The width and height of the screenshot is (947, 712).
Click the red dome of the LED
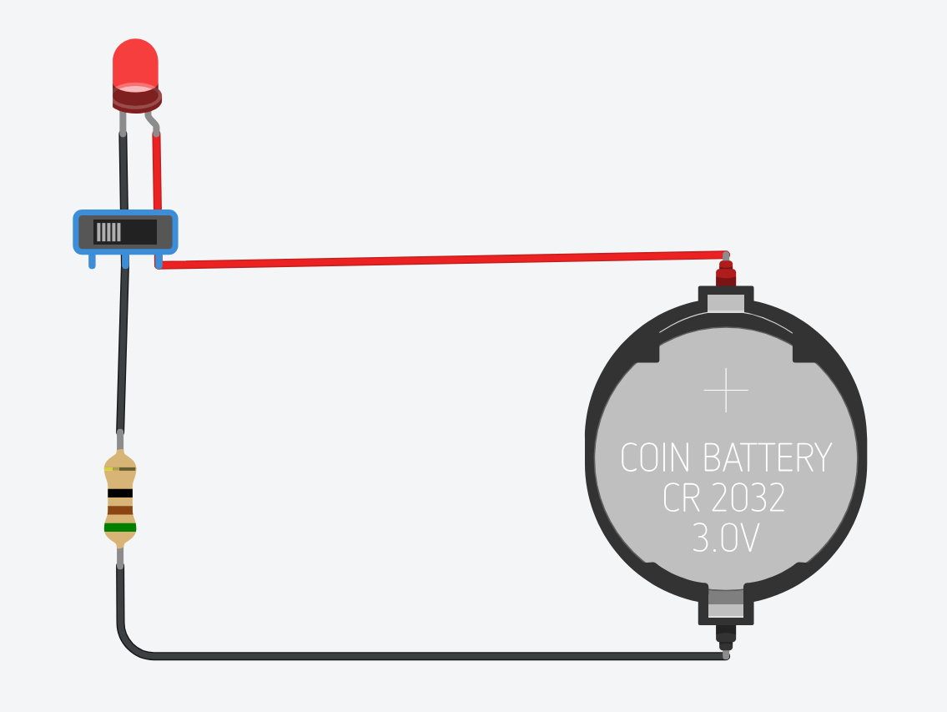[x=134, y=63]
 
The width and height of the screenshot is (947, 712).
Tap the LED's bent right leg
[x=153, y=123]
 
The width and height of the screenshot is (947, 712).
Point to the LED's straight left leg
[x=123, y=122]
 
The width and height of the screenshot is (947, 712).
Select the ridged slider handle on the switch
[x=108, y=231]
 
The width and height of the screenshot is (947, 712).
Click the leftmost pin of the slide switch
[x=92, y=261]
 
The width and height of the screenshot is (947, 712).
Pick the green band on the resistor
[x=120, y=528]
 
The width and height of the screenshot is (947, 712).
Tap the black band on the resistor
[x=120, y=493]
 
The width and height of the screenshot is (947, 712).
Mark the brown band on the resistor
[x=120, y=510]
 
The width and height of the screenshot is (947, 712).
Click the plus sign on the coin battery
[x=725, y=390]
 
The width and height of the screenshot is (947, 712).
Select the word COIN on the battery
[x=655, y=458]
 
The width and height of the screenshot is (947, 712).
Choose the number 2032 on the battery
[x=748, y=498]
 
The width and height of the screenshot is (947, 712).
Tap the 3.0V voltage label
[x=725, y=538]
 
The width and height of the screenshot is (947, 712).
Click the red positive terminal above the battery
[x=726, y=272]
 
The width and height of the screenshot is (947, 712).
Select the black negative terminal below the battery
[x=726, y=636]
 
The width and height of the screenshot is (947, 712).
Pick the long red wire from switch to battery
[x=442, y=259]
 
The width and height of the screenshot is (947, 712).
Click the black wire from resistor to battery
[x=417, y=656]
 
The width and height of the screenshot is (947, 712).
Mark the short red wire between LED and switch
[x=156, y=171]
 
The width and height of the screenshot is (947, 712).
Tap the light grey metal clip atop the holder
[x=726, y=301]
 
